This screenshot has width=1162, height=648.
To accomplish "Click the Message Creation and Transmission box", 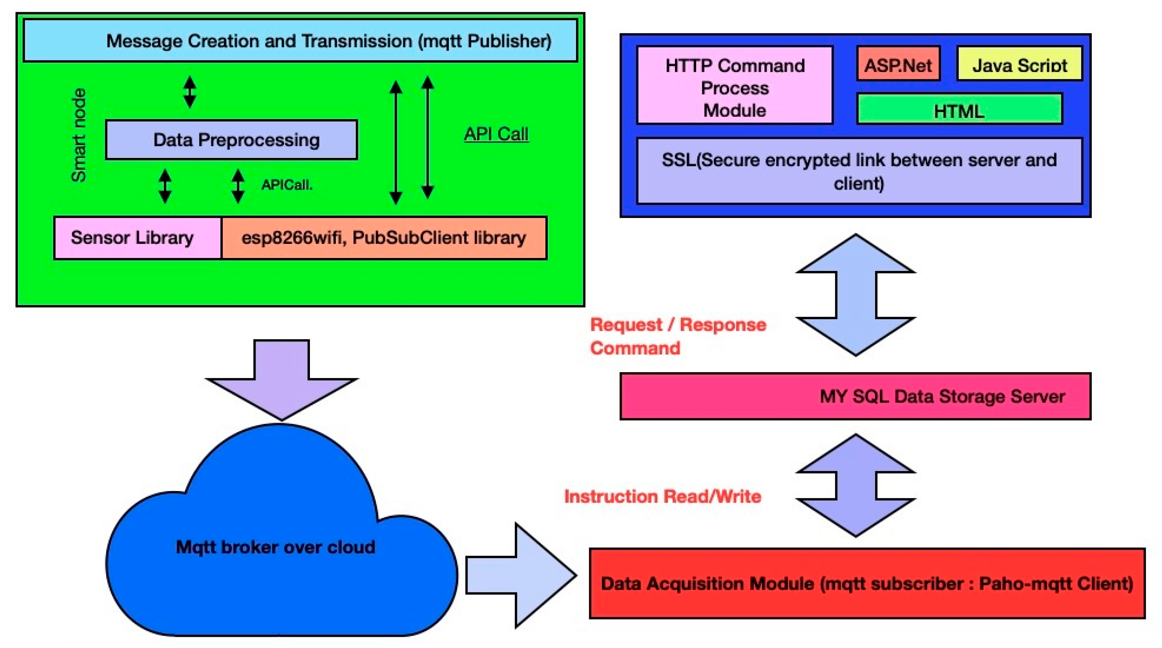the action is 301,41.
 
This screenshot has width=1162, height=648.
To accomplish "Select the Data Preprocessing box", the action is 231,140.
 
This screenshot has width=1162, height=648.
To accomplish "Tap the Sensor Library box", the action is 138,237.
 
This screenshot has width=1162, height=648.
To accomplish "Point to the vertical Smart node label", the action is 78,135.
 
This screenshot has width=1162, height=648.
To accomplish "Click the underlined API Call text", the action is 496,134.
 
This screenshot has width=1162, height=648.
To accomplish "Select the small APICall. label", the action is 287,185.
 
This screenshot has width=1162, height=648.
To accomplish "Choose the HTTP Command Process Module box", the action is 735,85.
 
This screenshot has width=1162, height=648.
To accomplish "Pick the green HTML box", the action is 959,109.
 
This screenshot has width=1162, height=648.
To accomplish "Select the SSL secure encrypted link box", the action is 859,171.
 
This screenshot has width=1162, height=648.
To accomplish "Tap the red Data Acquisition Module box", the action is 867,583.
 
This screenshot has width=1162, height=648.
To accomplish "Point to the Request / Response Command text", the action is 678,336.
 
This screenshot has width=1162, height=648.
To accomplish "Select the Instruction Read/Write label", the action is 663,497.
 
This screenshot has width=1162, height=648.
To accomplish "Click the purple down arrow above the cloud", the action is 282,380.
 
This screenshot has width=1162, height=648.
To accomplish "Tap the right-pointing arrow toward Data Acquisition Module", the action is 521,575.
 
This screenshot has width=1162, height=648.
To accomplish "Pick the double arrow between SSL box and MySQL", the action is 856,295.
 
